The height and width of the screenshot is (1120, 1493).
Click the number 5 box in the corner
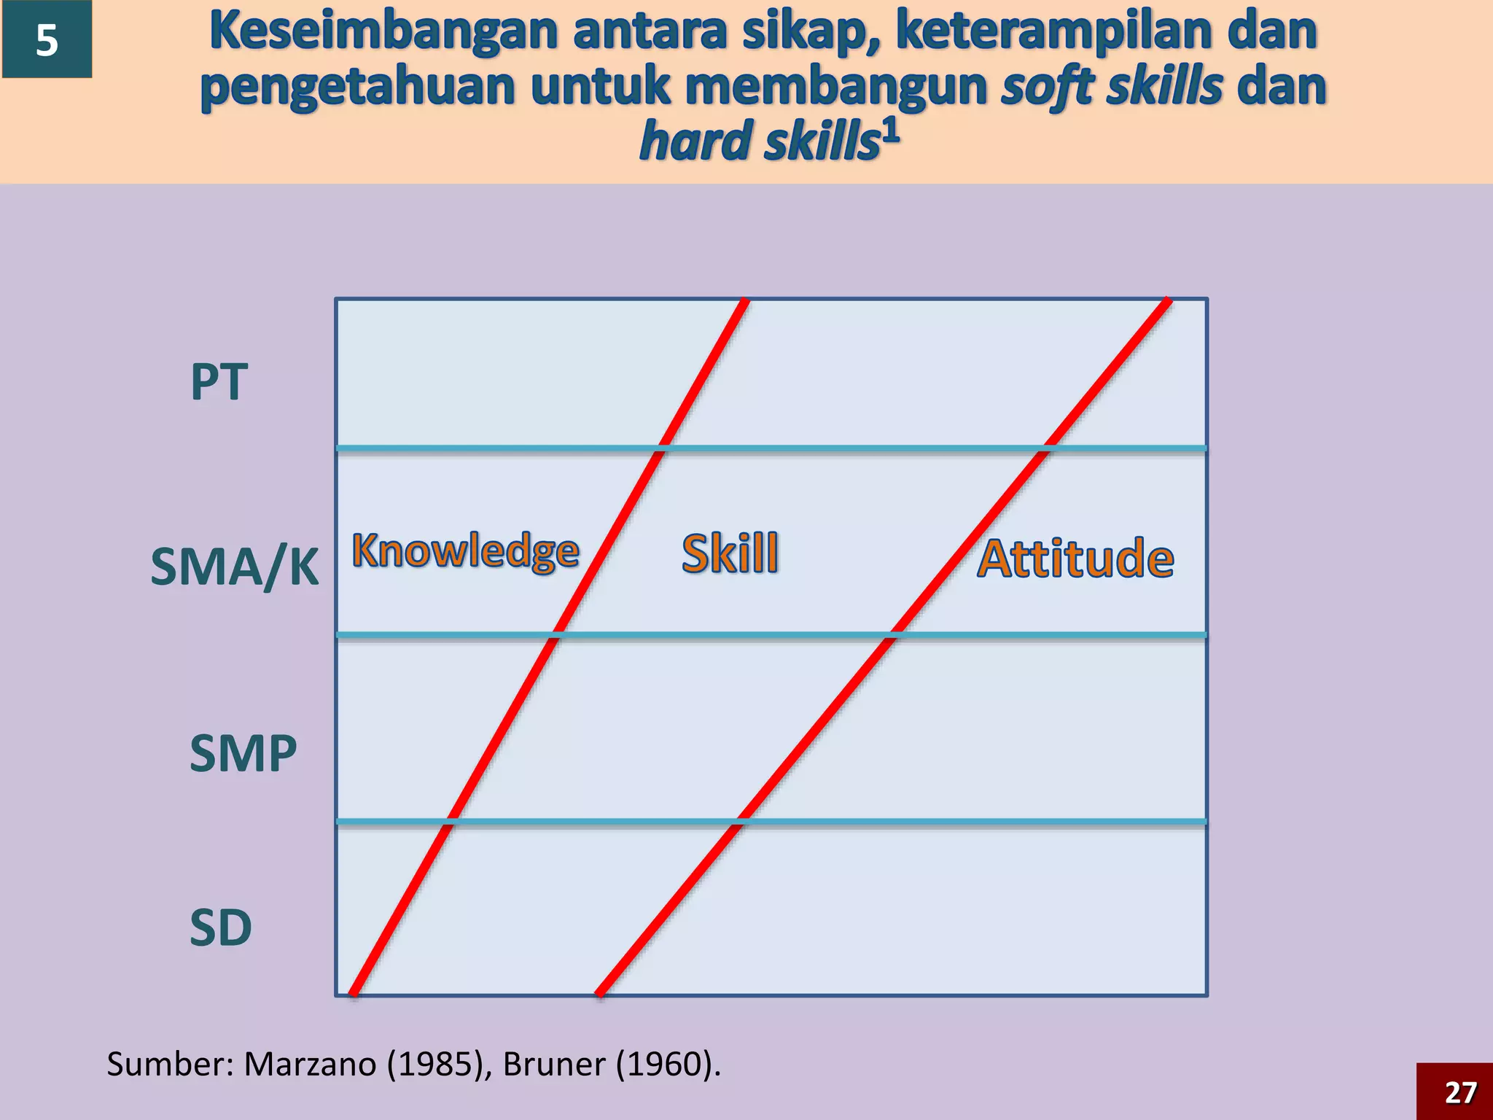click(x=47, y=39)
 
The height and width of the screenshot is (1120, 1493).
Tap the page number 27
click(x=1460, y=1092)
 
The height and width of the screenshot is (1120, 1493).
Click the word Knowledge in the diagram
click(x=466, y=551)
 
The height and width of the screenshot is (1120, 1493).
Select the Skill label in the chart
click(x=730, y=553)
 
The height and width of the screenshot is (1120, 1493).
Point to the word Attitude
click(x=1075, y=559)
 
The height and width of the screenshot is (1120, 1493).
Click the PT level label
click(x=219, y=382)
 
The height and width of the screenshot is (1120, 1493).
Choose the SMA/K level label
click(x=234, y=567)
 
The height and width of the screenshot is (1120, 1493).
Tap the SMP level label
click(x=243, y=753)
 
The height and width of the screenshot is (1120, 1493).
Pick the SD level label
click(x=220, y=928)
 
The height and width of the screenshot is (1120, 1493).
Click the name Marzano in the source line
click(x=309, y=1065)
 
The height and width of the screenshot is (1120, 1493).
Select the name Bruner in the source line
click(x=553, y=1065)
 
